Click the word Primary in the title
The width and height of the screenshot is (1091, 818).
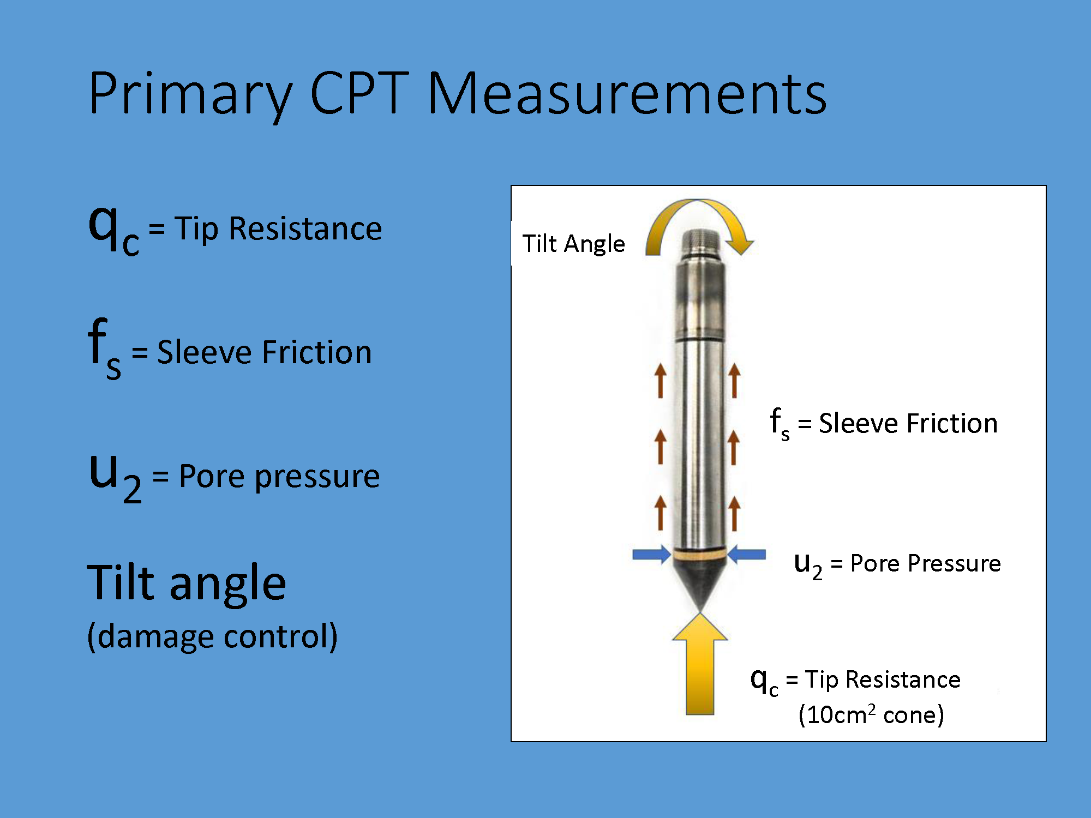point(190,94)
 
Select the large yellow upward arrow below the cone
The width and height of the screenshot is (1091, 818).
point(700,664)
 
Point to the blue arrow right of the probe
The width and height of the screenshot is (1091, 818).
point(747,555)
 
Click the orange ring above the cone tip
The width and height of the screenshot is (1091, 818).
point(700,555)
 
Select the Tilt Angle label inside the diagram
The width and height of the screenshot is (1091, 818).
point(573,244)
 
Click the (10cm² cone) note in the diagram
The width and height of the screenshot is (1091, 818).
point(871,714)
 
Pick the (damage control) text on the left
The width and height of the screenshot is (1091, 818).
point(212,636)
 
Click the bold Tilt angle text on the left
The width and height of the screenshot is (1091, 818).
point(187,583)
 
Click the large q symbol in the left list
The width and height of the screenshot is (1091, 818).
point(104,226)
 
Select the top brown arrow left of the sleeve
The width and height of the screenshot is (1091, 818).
point(661,381)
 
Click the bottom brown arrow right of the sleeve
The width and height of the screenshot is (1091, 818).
point(734,513)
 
